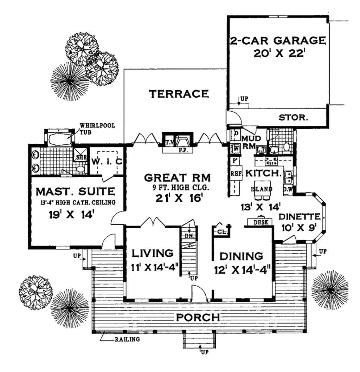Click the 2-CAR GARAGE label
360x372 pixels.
click(x=278, y=40)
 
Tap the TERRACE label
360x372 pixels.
click(x=179, y=94)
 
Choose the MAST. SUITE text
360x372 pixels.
click(x=76, y=191)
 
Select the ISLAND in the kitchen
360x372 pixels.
click(x=261, y=189)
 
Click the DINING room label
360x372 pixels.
click(x=241, y=256)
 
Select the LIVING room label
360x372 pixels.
click(x=152, y=253)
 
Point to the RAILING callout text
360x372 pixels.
click(x=127, y=339)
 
